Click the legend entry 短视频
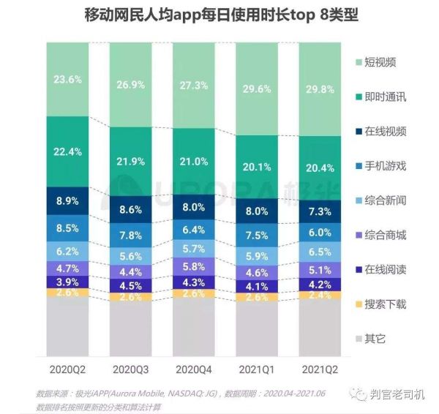tap(380, 62)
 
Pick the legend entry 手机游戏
tap(384, 165)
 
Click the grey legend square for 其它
tap(359, 338)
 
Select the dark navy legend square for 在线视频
tap(359, 132)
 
